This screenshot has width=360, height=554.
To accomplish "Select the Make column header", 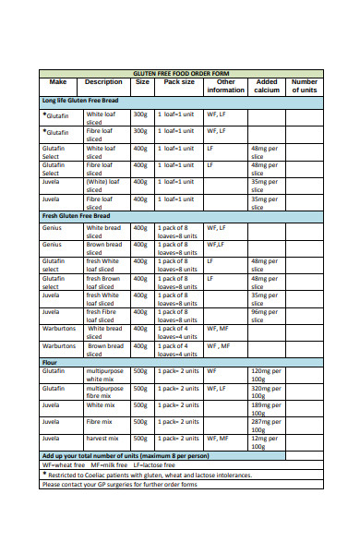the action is pos(57,82).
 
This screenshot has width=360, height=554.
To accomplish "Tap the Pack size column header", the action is pos(179,82).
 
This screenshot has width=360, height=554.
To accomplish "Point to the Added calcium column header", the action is pos(267,86).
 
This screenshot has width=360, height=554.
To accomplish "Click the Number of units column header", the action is pos(304,86).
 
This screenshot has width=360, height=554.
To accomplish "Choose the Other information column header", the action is pos(225,86).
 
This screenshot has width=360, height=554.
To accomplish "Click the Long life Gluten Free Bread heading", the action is pos(81,99).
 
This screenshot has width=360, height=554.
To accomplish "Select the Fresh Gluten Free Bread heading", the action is pos(80,215).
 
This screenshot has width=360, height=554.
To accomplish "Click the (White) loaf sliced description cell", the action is pos(102,186).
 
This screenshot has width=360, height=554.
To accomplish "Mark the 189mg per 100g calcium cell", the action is pos(266,408).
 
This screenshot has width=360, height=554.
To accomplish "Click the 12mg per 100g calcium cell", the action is pos(266,441).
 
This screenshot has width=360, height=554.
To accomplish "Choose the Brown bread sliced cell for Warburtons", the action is pos(104,350).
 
